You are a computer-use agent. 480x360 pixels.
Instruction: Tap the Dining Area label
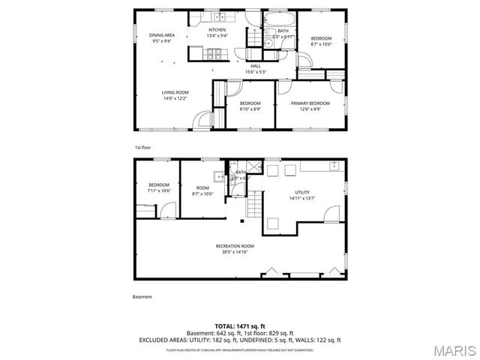[161, 35]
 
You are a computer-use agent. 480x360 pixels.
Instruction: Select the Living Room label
[175, 92]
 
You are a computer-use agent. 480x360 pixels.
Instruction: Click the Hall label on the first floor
[256, 66]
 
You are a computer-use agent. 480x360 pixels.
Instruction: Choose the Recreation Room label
[235, 246]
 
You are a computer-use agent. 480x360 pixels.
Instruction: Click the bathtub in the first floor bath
[281, 19]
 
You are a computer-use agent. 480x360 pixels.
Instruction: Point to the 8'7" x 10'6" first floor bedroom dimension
[322, 44]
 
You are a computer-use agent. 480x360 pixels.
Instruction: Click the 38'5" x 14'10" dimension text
[235, 252]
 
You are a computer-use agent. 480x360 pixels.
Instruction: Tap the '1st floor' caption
[142, 148]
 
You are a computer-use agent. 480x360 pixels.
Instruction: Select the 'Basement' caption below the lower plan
[142, 297]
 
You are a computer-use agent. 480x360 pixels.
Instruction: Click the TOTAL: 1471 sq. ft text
[239, 326]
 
